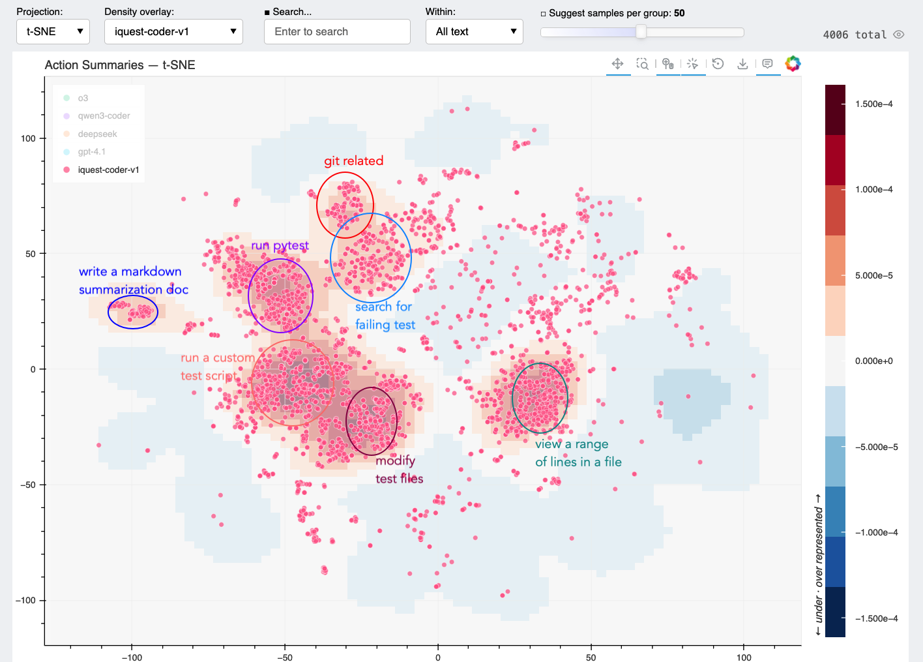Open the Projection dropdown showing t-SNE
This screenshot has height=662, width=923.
(x=53, y=31)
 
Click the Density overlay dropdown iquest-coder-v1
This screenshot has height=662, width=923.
(x=173, y=31)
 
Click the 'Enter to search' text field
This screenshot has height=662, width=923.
(x=337, y=31)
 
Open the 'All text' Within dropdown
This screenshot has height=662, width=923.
(x=475, y=31)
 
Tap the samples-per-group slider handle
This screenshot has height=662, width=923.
(x=641, y=32)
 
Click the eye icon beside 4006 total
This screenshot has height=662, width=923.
(x=899, y=35)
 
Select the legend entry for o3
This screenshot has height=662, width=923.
(x=82, y=98)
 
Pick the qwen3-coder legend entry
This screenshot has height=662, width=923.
(x=103, y=115)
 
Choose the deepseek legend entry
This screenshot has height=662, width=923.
(x=96, y=134)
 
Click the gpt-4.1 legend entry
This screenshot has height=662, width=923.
(x=91, y=151)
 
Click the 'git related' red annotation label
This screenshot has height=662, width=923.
(x=354, y=161)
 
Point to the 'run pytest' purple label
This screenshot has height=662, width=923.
(x=280, y=245)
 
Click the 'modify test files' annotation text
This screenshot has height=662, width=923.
(x=398, y=470)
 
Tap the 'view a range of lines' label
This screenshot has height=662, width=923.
(x=578, y=453)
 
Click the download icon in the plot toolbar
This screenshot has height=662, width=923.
(x=742, y=64)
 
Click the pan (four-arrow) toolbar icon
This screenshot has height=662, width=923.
(x=617, y=64)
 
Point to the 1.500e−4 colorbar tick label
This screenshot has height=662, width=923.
(x=873, y=104)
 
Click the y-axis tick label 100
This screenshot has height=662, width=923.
(x=28, y=138)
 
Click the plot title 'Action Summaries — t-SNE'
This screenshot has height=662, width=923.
(x=120, y=65)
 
